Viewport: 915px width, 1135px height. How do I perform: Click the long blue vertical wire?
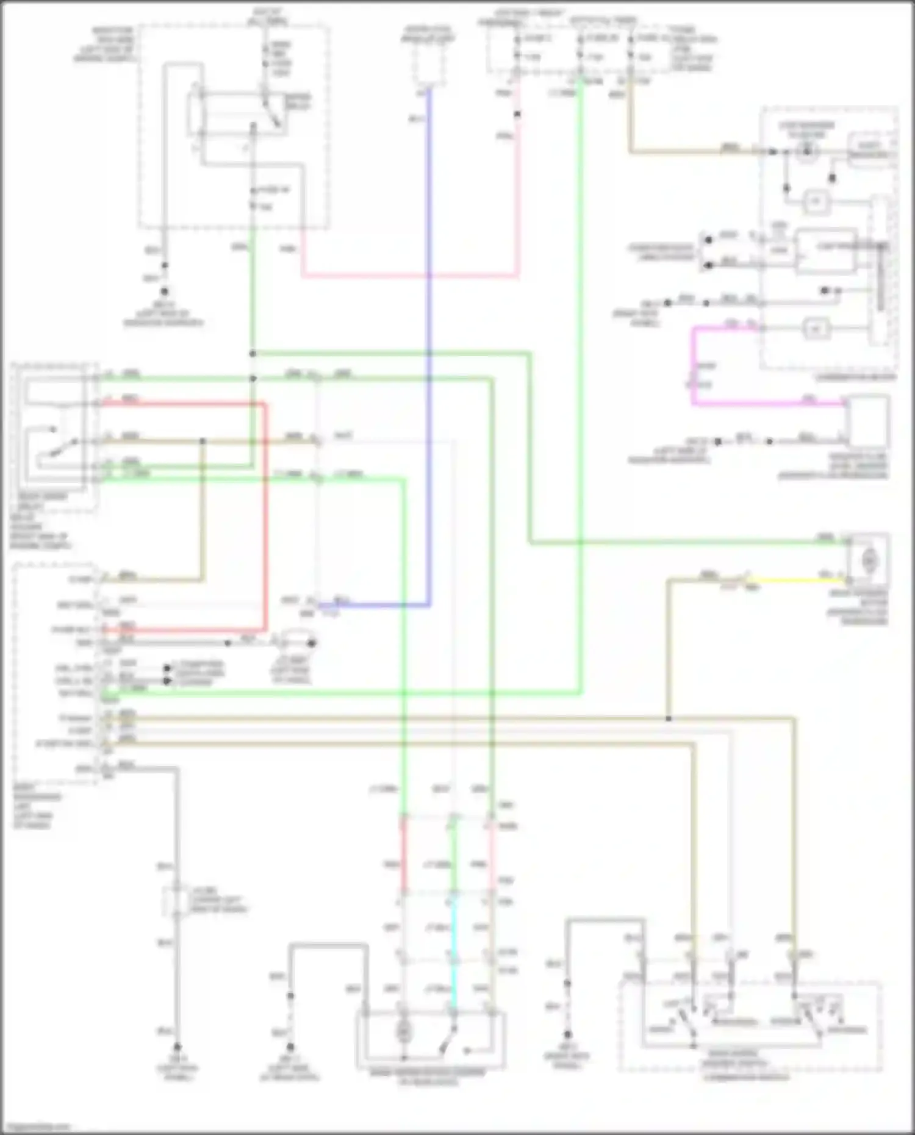[429, 342]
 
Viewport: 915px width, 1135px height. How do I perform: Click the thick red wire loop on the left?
[265, 518]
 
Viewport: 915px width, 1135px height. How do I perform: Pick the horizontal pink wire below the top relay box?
[409, 276]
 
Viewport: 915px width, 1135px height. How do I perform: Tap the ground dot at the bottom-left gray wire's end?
[178, 1047]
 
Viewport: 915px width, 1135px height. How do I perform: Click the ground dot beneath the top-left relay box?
[163, 292]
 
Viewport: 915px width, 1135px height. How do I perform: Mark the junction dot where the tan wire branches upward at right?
[669, 719]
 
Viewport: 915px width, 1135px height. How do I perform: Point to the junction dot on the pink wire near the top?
[517, 114]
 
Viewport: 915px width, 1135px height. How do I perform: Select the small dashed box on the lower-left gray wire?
[177, 901]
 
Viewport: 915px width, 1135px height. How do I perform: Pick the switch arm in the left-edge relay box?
[58, 448]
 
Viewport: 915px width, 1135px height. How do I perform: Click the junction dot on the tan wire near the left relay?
[203, 441]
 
